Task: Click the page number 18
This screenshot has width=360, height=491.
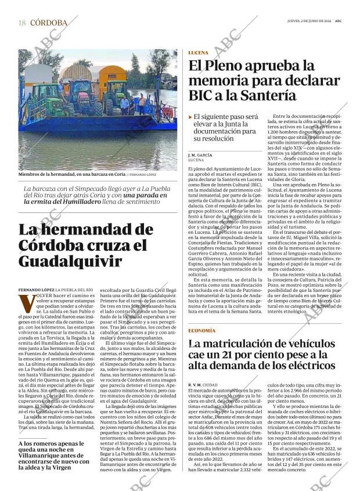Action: point(21,23)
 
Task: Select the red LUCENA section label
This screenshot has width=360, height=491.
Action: point(199,53)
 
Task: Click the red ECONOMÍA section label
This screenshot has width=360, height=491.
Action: point(203,330)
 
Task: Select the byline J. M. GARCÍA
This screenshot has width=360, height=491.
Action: point(200,156)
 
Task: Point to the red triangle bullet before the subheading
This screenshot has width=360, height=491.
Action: point(190,117)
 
